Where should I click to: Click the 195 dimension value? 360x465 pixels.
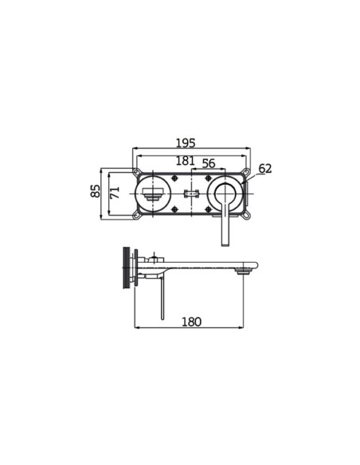click(x=186, y=143)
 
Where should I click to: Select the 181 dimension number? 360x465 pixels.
click(x=186, y=161)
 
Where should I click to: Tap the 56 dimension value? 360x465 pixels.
click(x=209, y=163)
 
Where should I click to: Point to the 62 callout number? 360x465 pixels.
click(x=264, y=169)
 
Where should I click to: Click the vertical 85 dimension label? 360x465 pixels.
click(x=96, y=191)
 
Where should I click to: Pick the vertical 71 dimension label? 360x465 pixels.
click(x=114, y=192)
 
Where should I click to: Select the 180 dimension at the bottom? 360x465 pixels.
click(x=192, y=322)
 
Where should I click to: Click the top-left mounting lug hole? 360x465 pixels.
click(x=136, y=172)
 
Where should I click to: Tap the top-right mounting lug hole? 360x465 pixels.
click(x=246, y=171)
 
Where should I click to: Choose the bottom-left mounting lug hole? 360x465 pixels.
click(x=136, y=216)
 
